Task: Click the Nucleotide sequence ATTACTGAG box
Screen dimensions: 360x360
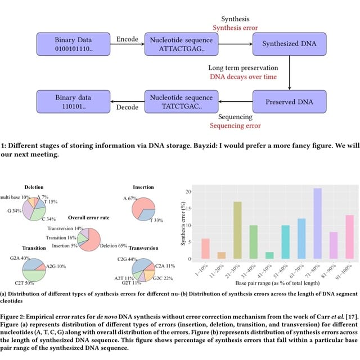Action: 178,44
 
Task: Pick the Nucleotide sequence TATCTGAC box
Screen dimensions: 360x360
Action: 178,102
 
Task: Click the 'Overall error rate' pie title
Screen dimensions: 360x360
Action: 89,217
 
